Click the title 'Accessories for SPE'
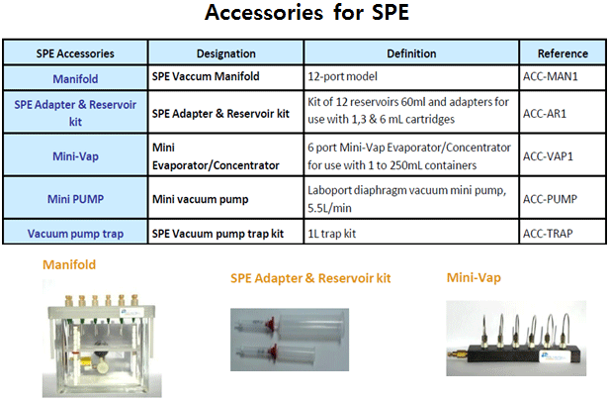[306, 13]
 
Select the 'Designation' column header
[226, 53]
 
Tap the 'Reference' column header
[563, 53]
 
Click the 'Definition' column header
[411, 53]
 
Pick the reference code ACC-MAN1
[551, 76]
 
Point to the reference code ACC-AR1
[545, 114]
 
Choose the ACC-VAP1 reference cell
[548, 156]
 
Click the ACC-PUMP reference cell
[550, 199]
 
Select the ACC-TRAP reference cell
[548, 234]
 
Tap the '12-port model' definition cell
[342, 76]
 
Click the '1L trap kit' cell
[332, 234]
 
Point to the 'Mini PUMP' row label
[76, 199]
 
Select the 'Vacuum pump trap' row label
[76, 234]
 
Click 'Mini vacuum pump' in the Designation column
[200, 199]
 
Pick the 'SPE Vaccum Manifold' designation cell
[206, 76]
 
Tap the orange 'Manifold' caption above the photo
[69, 264]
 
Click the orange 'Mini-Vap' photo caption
[474, 278]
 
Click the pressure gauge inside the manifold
[101, 346]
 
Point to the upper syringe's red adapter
[270, 324]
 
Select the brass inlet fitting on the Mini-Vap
[455, 354]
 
